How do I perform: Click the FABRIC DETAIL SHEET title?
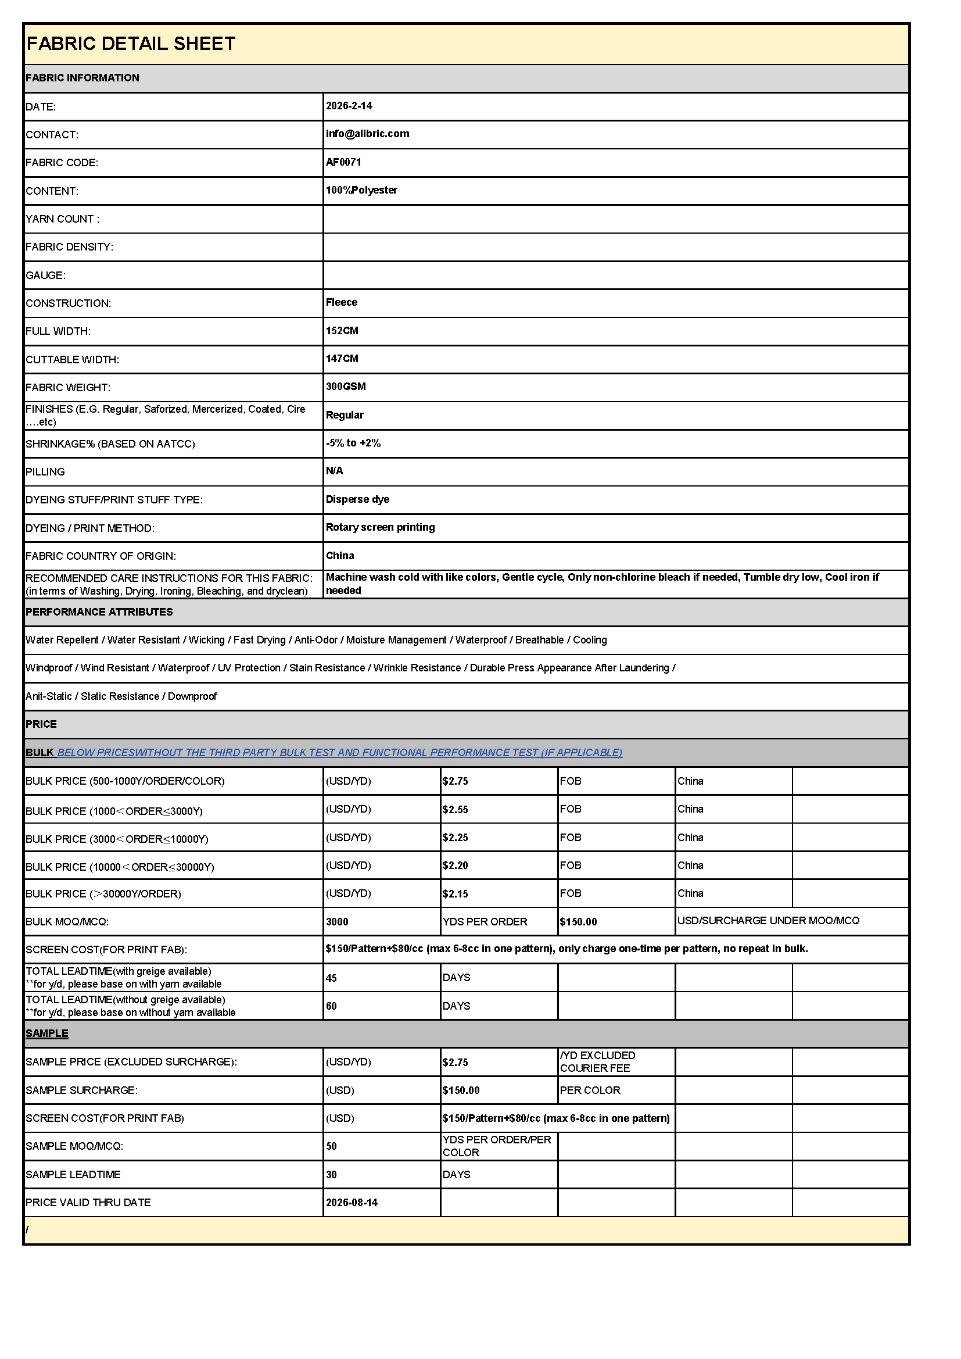(131, 44)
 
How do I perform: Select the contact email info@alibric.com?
(367, 134)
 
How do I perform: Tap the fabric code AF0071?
(343, 162)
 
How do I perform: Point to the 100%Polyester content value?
(361, 190)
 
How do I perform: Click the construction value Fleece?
(342, 302)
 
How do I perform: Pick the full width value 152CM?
(342, 331)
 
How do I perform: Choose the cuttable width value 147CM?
(342, 359)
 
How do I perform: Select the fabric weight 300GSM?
(346, 387)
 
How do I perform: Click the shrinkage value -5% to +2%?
(353, 443)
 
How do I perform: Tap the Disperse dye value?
(357, 499)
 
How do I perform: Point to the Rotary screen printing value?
(380, 527)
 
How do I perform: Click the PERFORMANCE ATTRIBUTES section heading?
(99, 612)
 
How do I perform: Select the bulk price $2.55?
(455, 810)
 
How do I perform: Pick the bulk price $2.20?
(455, 866)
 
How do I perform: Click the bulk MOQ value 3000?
(337, 922)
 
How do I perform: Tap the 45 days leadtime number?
(331, 978)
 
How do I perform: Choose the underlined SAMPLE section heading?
(46, 1033)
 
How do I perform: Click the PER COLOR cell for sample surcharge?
(590, 1090)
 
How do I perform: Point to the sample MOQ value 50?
(331, 1146)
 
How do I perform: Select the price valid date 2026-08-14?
(352, 1203)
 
